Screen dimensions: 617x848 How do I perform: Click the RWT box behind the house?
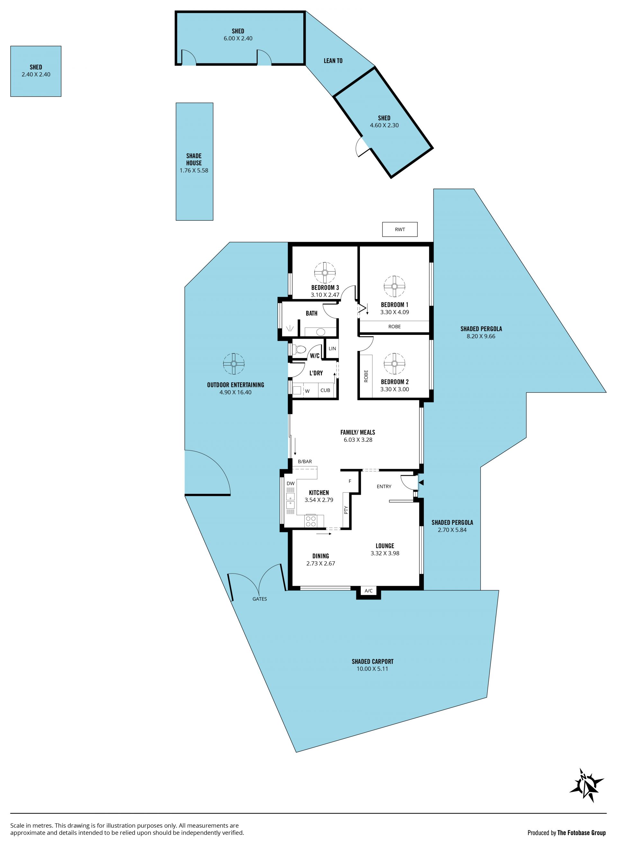400,229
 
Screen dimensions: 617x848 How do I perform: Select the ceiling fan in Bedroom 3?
325,272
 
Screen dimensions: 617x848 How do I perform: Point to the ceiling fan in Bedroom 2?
394,363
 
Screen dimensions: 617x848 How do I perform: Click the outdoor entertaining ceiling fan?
234,364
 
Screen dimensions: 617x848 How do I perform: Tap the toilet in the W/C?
300,350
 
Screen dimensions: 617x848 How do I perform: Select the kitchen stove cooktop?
311,521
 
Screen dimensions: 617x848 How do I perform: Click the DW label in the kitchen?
291,484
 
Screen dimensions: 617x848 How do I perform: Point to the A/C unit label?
369,591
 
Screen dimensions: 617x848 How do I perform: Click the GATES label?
260,599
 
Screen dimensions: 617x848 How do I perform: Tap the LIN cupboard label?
332,348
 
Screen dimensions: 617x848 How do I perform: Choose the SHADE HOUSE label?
194,159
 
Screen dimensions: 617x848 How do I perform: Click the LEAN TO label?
333,60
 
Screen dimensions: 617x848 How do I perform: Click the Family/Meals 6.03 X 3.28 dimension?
358,440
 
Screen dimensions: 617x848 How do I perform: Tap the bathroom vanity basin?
320,332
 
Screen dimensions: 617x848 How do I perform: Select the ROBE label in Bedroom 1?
395,326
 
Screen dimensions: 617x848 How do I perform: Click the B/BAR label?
305,461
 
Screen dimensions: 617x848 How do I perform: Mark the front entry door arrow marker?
421,483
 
